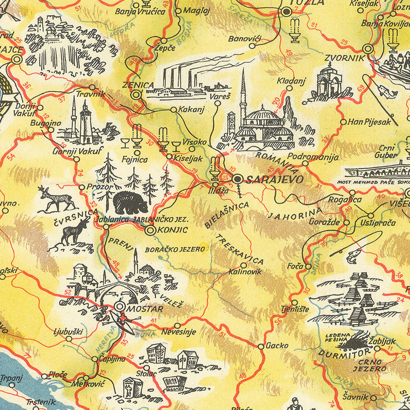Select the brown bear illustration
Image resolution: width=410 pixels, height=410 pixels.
[129, 202]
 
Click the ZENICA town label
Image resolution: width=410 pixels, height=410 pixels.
[138, 85]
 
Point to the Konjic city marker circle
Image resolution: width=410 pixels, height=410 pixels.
[150, 231]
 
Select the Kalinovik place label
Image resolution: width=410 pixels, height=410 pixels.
[245, 272]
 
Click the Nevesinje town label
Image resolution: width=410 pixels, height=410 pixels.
[178, 331]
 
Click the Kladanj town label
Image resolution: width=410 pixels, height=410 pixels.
[289, 80]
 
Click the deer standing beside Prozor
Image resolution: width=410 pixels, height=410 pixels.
[56, 199]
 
